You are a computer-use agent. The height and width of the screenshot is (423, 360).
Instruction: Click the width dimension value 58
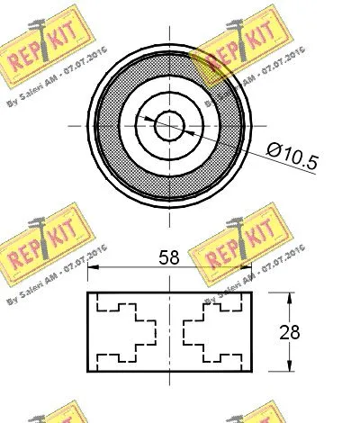pyautogui.click(x=169, y=257)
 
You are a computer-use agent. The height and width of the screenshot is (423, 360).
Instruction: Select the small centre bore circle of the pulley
pyautogui.click(x=168, y=126)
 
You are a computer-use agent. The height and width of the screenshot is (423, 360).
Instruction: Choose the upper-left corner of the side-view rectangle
pyautogui.click(x=87, y=292)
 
